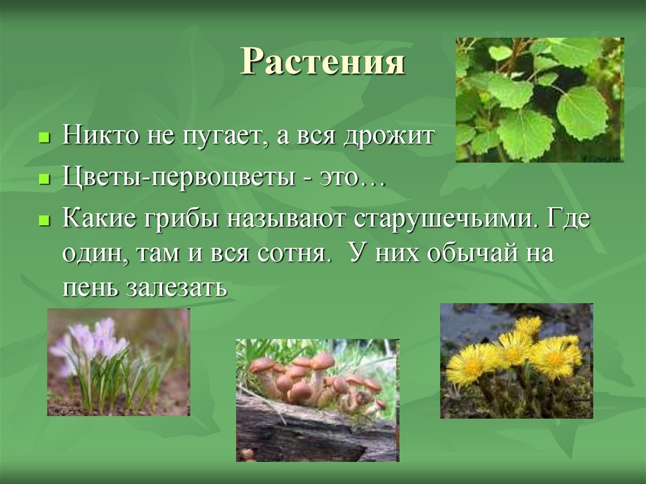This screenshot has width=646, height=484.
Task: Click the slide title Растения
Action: pyautogui.click(x=322, y=62)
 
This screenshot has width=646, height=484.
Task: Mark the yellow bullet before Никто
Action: pyautogui.click(x=44, y=138)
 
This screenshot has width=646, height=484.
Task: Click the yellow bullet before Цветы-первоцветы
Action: pyautogui.click(x=44, y=180)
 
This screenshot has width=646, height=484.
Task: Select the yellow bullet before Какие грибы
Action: pyautogui.click(x=44, y=221)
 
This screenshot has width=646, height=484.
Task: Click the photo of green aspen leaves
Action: pyautogui.click(x=539, y=100)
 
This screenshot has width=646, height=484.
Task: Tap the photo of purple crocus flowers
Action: pyautogui.click(x=119, y=362)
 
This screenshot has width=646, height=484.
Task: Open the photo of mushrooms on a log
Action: pyautogui.click(x=317, y=400)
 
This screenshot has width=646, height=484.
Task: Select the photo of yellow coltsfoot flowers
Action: pyautogui.click(x=516, y=361)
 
